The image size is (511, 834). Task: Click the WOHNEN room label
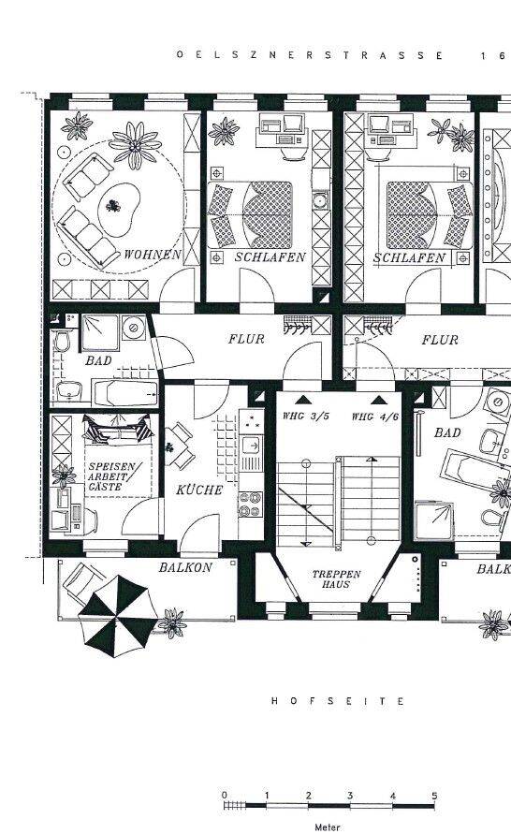click(153, 255)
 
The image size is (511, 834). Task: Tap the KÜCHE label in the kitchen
click(199, 490)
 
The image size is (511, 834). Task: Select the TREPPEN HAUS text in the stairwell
click(336, 579)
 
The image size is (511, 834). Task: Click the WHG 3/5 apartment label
click(306, 417)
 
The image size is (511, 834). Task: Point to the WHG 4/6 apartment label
click(375, 417)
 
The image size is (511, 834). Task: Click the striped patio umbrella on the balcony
click(118, 616)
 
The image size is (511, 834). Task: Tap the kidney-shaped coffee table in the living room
click(118, 210)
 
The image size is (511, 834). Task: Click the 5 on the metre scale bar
click(434, 796)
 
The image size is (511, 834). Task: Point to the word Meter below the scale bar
click(327, 827)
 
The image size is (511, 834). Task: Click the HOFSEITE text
click(338, 701)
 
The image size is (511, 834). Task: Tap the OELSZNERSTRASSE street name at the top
click(310, 55)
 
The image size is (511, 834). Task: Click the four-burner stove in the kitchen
click(251, 505)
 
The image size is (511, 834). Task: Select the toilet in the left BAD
click(61, 342)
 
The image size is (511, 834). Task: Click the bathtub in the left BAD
click(124, 393)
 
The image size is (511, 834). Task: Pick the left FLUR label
click(246, 339)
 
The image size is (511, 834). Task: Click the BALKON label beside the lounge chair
click(185, 567)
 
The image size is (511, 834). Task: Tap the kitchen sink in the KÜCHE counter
click(251, 444)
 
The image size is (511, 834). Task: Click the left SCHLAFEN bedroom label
click(270, 257)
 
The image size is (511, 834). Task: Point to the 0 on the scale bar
click(224, 796)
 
